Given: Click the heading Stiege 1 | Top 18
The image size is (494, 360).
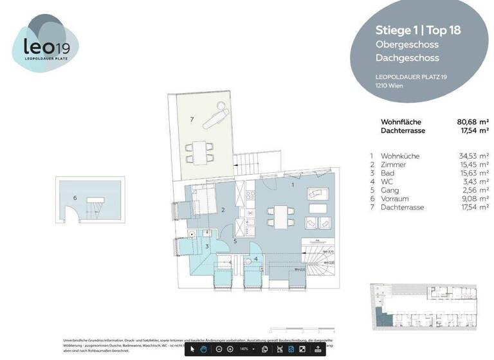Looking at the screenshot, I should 418,30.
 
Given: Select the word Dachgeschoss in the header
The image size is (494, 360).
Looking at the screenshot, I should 407,58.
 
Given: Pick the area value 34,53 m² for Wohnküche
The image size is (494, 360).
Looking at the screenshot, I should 473,156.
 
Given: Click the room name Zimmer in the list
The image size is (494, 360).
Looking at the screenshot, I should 393,165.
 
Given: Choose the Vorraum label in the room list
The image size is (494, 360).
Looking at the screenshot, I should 395,199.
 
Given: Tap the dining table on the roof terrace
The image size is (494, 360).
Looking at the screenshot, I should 197,152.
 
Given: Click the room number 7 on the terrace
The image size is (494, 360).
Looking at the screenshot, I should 191,120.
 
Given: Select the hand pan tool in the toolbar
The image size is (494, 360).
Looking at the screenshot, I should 203,349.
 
